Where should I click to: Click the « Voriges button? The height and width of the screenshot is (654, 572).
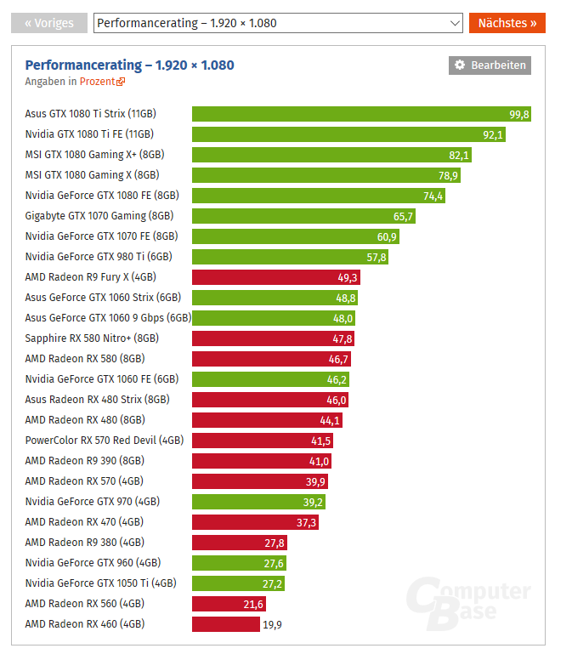pos(49,23)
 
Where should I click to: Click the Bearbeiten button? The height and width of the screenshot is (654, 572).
pos(490,65)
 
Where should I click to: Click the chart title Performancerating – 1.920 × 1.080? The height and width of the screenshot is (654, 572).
pos(129,65)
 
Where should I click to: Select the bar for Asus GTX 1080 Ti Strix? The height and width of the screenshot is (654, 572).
pos(361,114)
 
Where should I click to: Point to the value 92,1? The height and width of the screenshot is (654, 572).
pos(493,134)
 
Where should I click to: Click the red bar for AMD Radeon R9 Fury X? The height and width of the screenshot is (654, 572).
pos(276,277)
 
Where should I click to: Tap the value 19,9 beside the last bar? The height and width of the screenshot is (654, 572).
pos(273,624)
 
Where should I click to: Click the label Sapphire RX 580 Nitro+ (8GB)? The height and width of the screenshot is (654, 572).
pos(92,338)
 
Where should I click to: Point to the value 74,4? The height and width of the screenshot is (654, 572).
pos(433,196)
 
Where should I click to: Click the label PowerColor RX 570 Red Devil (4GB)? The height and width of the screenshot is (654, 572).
pos(105,441)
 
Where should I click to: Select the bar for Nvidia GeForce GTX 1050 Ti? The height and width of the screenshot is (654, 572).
pos(238,583)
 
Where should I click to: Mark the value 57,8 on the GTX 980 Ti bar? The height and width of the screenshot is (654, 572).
pos(376,257)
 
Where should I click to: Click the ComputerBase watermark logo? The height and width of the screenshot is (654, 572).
pos(467,605)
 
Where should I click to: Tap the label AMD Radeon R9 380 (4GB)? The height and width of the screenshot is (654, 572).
pos(84,543)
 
